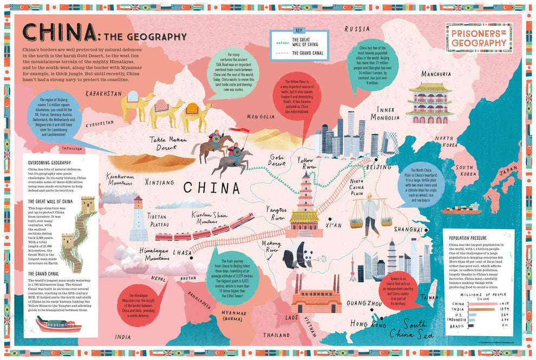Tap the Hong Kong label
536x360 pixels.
click(368, 324)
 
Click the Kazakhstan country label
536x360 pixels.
click(104, 94)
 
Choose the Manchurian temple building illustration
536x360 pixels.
click(430, 102)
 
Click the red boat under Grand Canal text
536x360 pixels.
click(58, 324)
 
